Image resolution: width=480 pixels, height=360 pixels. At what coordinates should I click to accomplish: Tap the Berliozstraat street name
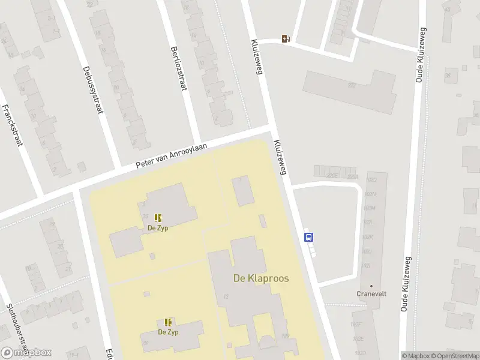click(x=179, y=68)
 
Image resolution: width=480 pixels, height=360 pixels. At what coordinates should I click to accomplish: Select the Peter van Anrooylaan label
click(x=171, y=155)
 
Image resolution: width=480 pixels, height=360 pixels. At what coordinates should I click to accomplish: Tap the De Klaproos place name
click(x=260, y=279)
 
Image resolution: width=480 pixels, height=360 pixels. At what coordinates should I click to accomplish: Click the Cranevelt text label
click(x=371, y=294)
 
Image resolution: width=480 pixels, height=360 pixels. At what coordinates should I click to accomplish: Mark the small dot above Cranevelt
click(x=371, y=286)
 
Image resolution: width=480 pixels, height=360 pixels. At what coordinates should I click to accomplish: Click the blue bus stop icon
click(x=309, y=236)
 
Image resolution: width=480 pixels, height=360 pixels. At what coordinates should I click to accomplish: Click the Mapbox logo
click(x=26, y=353)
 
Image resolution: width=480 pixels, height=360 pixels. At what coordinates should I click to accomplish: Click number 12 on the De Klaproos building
click(x=226, y=296)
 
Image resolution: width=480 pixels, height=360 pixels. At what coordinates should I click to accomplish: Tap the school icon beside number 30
click(x=158, y=218)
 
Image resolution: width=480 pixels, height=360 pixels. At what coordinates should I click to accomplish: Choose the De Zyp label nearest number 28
click(x=168, y=332)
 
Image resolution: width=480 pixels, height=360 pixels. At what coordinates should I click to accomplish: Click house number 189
click(x=285, y=336)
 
